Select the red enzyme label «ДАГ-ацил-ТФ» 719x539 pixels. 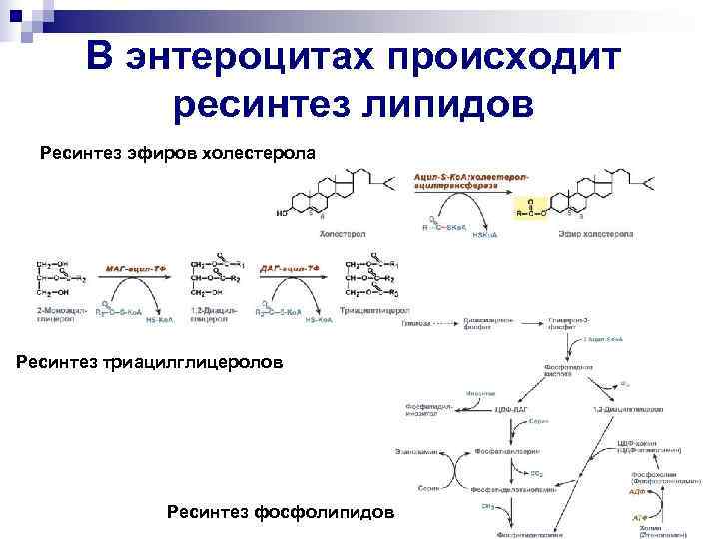(x=289, y=269)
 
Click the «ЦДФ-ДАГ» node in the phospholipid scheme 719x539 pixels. (x=510, y=410)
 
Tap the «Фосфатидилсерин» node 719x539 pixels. (x=512, y=450)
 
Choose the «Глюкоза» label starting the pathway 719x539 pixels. (x=416, y=324)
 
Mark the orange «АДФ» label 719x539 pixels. (x=636, y=491)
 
